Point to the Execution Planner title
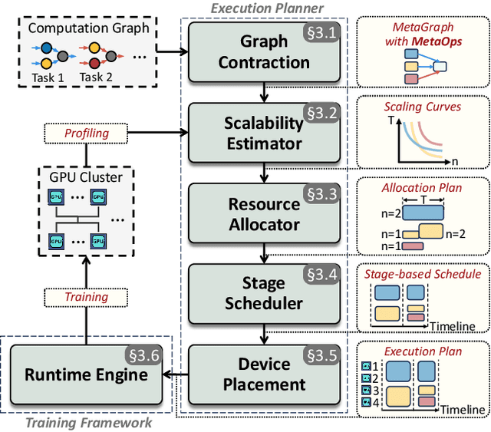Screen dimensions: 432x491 pyautogui.click(x=268, y=8)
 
